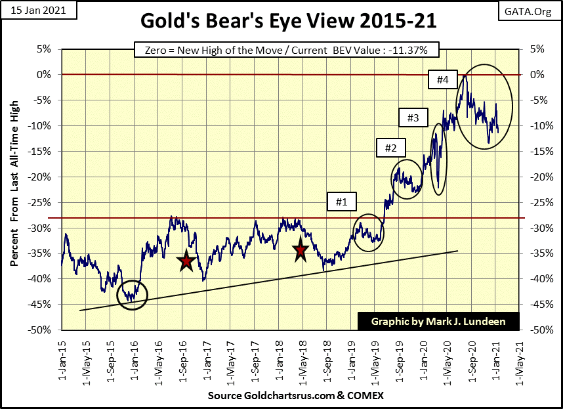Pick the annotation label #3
(x=413, y=118)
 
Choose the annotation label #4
(x=442, y=80)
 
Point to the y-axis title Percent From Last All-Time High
(x=14, y=183)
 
